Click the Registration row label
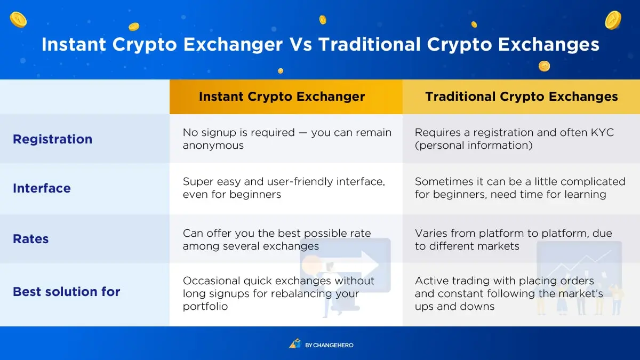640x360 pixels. pos(53,139)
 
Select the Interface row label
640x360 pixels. pos(42,188)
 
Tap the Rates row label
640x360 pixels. pos(30,239)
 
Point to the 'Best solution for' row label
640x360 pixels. pos(66,292)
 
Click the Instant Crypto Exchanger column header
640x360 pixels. pos(282,97)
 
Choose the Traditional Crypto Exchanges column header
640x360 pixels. pos(522,97)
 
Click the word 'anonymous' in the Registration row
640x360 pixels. pos(213,146)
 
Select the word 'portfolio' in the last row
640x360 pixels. pos(205,306)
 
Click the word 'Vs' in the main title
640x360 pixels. pos(301,45)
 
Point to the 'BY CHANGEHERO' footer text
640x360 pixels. pos(329,345)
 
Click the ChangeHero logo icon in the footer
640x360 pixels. pos(295,343)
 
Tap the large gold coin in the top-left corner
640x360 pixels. pos(18,20)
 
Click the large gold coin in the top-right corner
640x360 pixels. pos(613,20)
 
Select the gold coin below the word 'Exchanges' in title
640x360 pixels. pos(545,66)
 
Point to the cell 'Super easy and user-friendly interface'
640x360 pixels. pos(284,188)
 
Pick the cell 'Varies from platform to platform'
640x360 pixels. pos(514,239)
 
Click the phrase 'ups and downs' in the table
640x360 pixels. pos(454,306)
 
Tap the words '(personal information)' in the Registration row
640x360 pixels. pos(474,146)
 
